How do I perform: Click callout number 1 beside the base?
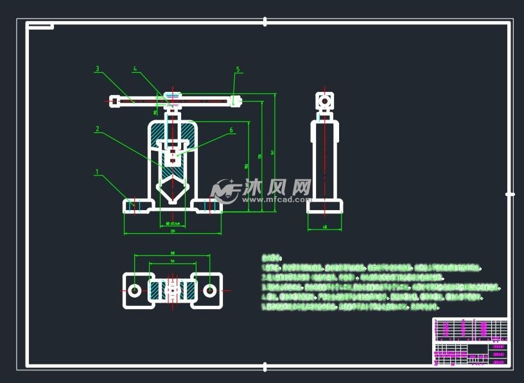tap(97, 172)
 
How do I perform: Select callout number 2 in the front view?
tap(97, 129)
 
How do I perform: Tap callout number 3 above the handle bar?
tap(97, 68)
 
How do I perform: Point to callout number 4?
tap(135, 68)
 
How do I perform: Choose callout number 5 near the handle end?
tap(238, 69)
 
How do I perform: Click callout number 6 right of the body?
tap(231, 130)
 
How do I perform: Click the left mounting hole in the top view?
tap(135, 290)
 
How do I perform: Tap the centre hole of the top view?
tap(172, 290)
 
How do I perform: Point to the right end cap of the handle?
tap(236, 100)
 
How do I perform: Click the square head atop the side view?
tap(325, 101)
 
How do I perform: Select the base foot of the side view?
tap(325, 206)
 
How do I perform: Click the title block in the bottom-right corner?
tap(470, 342)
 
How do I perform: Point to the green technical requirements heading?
tap(272, 255)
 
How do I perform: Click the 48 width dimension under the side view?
tap(325, 227)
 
